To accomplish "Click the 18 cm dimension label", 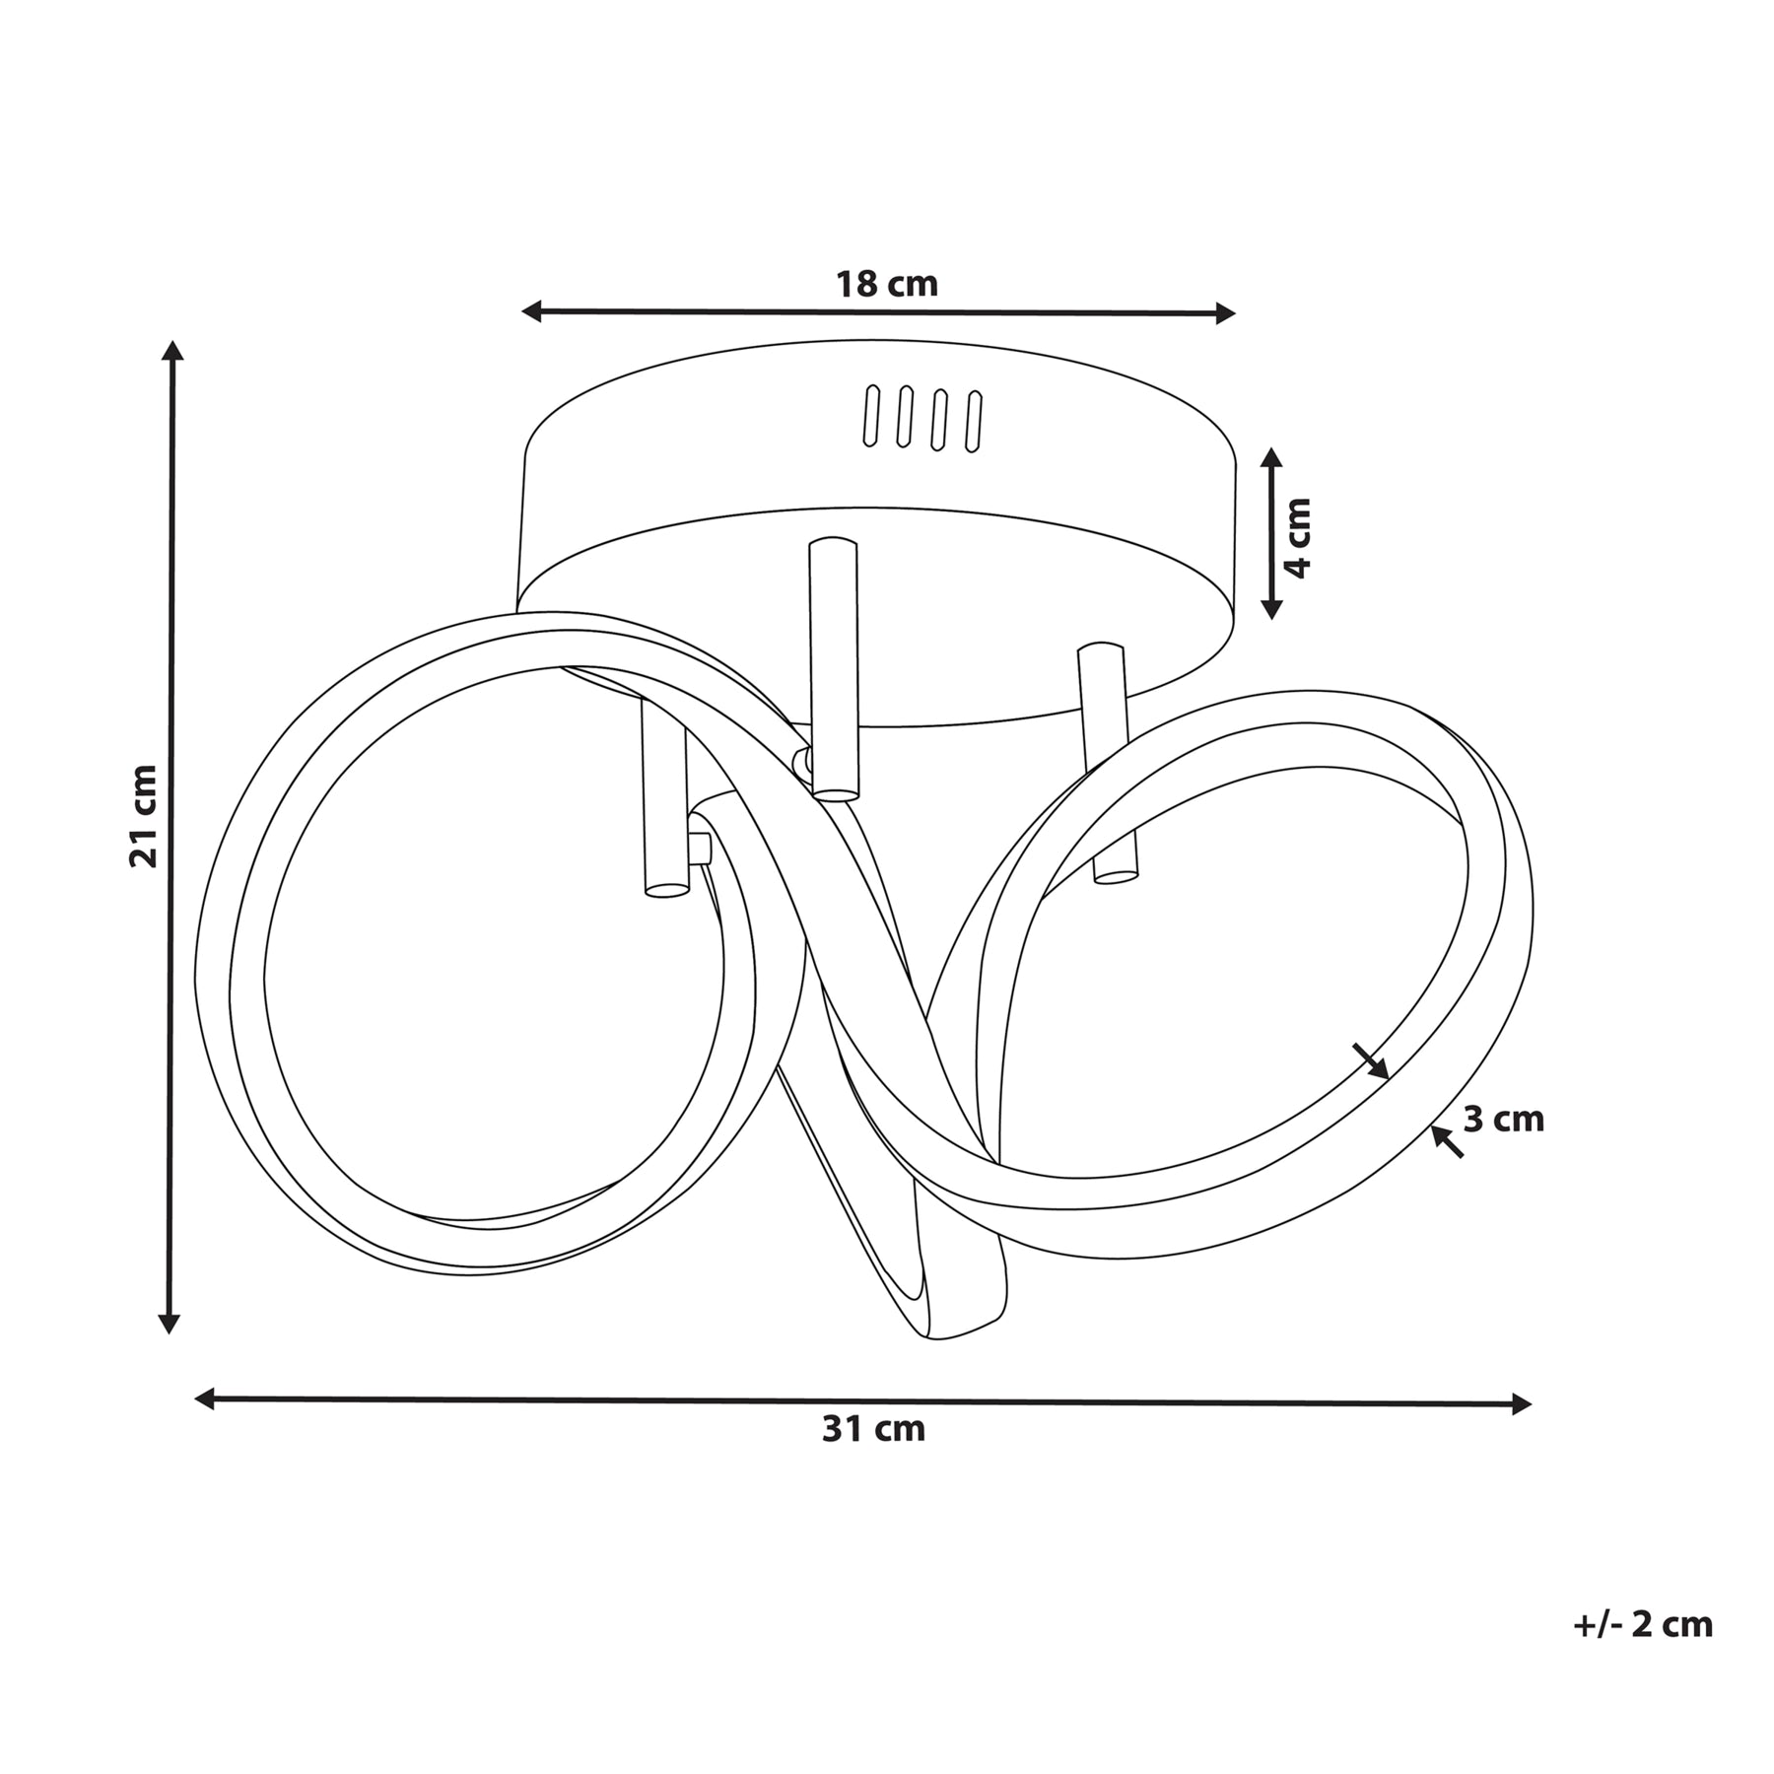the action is pyautogui.click(x=887, y=285).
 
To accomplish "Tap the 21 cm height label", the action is pyautogui.click(x=144, y=816).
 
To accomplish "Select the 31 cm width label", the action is pyautogui.click(x=874, y=1430).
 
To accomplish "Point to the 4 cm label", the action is pyautogui.click(x=1299, y=537).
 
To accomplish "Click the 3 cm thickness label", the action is pyautogui.click(x=1503, y=1120).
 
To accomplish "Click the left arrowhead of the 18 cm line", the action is pyautogui.click(x=533, y=312).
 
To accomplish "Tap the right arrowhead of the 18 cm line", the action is pyautogui.click(x=1224, y=313).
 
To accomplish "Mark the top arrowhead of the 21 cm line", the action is pyautogui.click(x=173, y=353).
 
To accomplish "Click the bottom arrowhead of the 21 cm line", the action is pyautogui.click(x=171, y=1322).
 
